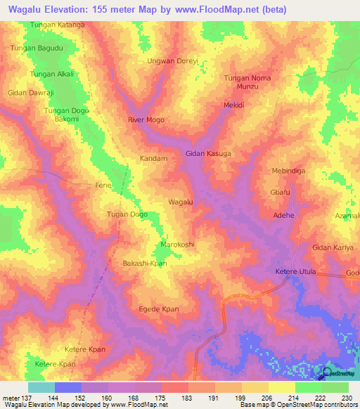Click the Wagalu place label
tap(181, 202)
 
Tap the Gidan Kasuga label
tap(208, 152)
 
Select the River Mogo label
tap(146, 120)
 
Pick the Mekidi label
tap(233, 105)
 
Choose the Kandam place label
tap(154, 159)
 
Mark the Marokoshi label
tap(177, 245)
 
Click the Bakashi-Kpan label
tap(144, 262)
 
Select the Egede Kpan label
tap(159, 309)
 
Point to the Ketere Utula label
tap(295, 271)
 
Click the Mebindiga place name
tap(291, 171)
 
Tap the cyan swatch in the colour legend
tap(41, 387)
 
